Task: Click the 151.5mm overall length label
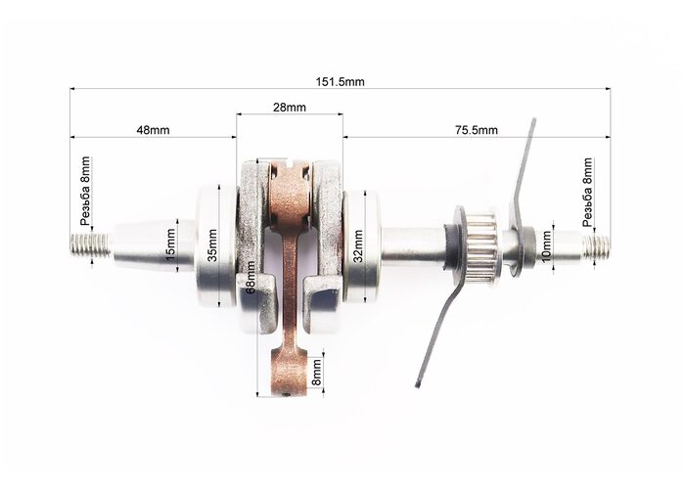(340, 81)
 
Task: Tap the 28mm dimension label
(290, 107)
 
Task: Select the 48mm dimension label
(153, 130)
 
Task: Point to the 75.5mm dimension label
(474, 130)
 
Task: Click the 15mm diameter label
(171, 245)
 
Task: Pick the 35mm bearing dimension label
(212, 245)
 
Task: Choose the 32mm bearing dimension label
(358, 246)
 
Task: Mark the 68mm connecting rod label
(251, 277)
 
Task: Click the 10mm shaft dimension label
(546, 247)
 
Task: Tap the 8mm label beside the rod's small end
(316, 372)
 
